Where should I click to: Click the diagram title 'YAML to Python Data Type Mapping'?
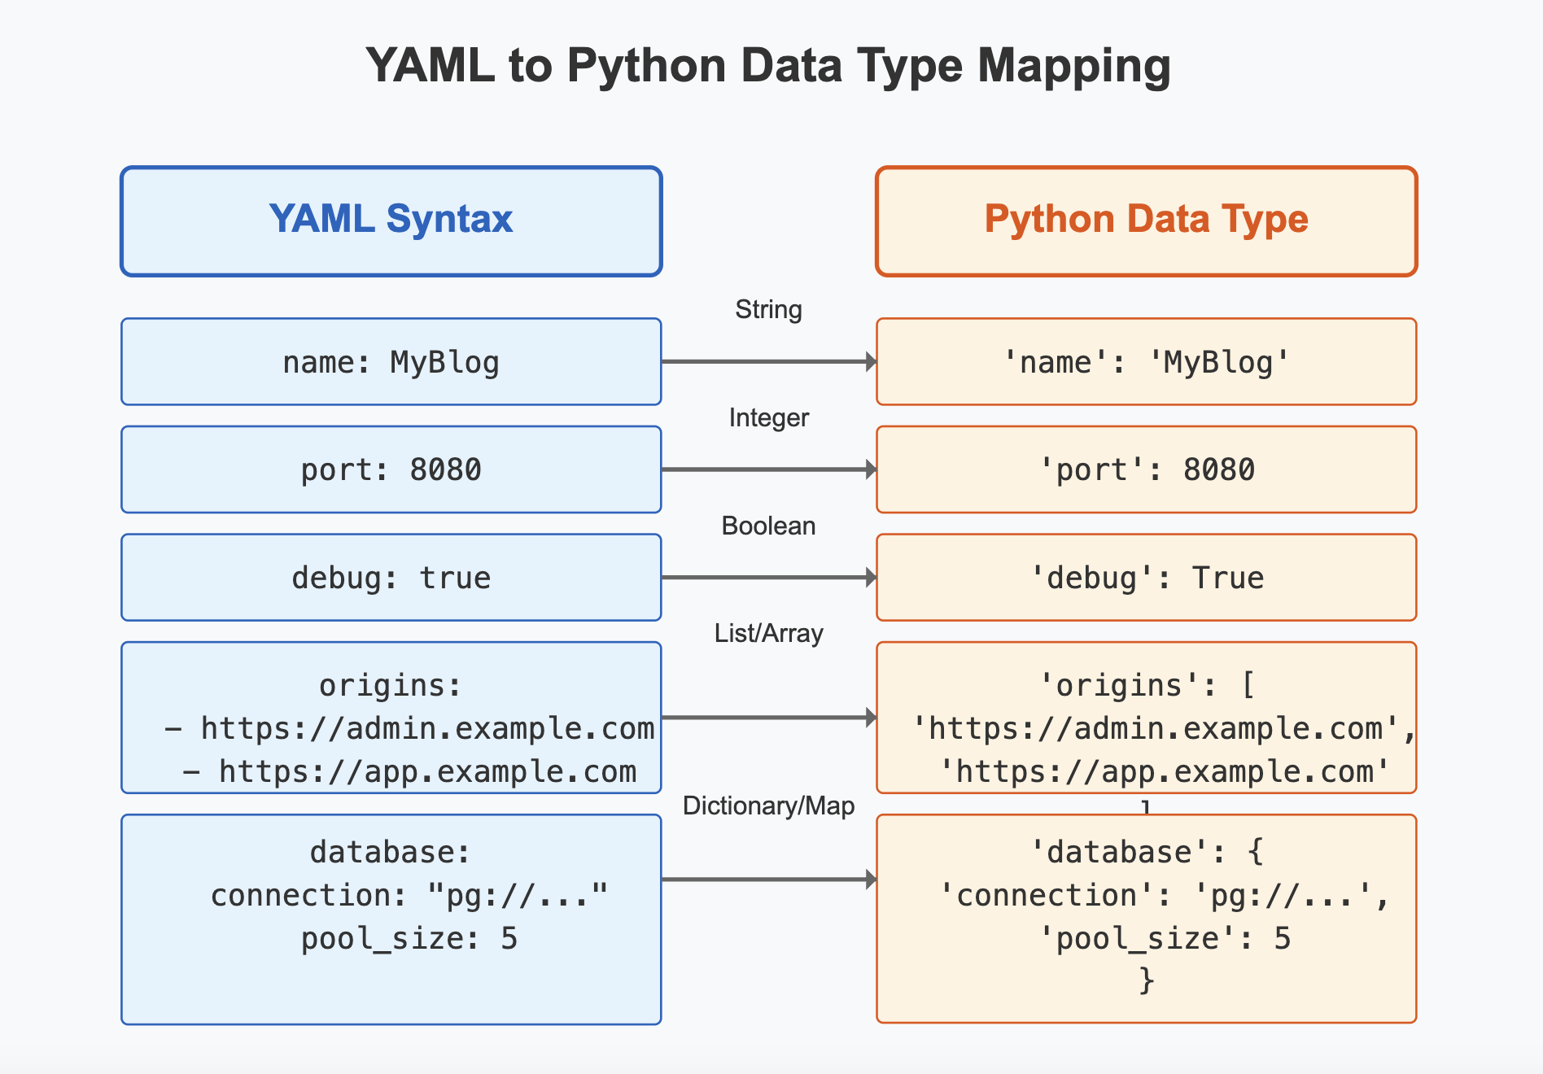coord(768,65)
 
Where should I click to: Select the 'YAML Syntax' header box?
coord(391,221)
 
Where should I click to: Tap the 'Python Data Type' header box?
coord(1146,221)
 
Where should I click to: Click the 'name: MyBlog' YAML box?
coord(391,362)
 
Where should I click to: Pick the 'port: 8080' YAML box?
coord(391,469)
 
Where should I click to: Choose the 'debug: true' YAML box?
coord(391,578)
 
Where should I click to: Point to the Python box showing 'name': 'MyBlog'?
coord(1146,362)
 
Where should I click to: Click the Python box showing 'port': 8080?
coord(1146,469)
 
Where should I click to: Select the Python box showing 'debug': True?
coord(1146,578)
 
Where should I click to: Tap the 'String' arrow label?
coord(768,310)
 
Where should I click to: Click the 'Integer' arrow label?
coord(768,418)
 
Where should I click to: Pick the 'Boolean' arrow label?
coord(768,526)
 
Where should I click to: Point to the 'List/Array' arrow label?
coord(768,634)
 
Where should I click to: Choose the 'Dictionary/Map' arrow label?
coord(768,806)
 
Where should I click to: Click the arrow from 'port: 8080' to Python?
coord(768,469)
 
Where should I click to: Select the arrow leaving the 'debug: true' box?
coord(768,578)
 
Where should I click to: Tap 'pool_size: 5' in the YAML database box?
coord(409,939)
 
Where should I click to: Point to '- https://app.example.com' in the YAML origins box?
coord(409,771)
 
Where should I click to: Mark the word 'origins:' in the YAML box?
coord(391,686)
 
